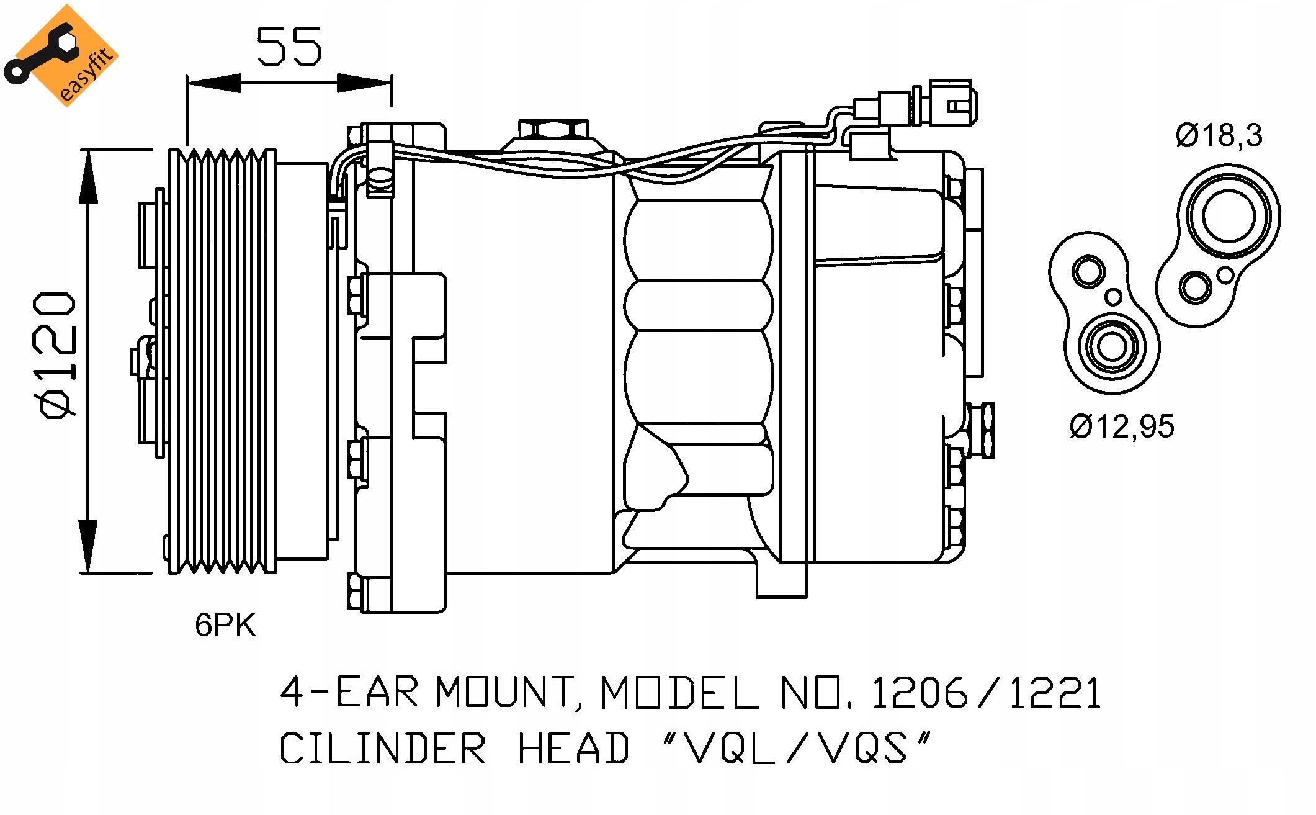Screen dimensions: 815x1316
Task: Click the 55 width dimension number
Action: [289, 47]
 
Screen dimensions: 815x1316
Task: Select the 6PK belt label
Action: [225, 625]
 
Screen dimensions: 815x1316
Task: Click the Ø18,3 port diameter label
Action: [1219, 136]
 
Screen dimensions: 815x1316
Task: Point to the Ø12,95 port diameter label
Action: [1122, 426]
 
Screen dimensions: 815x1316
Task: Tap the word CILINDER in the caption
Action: [382, 748]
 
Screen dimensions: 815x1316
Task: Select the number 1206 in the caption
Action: [920, 693]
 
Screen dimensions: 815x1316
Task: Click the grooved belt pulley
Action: [222, 361]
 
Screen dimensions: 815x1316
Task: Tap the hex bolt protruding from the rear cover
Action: [982, 430]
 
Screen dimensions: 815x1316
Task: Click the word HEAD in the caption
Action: [573, 748]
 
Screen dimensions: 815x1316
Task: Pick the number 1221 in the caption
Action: [1055, 693]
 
